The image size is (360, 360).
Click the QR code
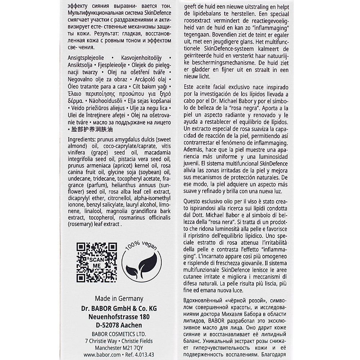[96, 262]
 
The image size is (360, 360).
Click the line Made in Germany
[119, 298]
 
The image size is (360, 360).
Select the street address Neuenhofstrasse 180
[119, 317]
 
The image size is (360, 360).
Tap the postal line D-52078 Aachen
[119, 325]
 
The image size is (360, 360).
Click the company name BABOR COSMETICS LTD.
[119, 334]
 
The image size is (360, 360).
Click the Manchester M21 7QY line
[119, 348]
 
